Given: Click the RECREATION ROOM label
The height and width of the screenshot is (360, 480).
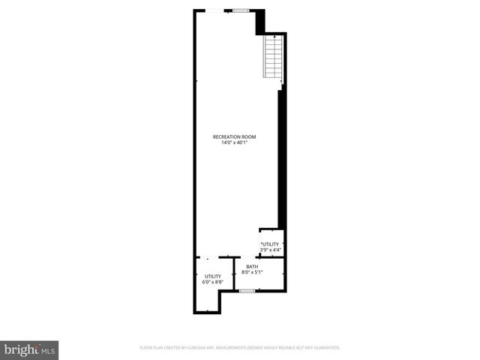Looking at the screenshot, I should coord(235,136).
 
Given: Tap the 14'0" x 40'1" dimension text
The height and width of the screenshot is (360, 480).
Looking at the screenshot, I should coord(235,142).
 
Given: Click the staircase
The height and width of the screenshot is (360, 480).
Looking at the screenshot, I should coord(273,58).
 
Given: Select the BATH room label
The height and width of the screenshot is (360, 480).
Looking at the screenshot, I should coord(252,266).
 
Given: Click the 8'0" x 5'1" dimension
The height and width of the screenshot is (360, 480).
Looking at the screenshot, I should coord(252,272).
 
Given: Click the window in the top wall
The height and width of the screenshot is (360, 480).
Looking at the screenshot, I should coord(241,10).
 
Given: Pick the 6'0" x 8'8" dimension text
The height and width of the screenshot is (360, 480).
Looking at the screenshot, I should coord(213,283).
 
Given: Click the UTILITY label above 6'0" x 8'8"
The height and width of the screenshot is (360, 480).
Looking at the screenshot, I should coord(213,277).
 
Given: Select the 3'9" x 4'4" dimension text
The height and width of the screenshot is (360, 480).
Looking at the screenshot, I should coord(270,250).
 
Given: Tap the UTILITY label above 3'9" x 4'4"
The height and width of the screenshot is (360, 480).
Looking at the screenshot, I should coord(271,244).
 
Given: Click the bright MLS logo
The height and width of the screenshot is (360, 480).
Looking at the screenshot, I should coord(30,350).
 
